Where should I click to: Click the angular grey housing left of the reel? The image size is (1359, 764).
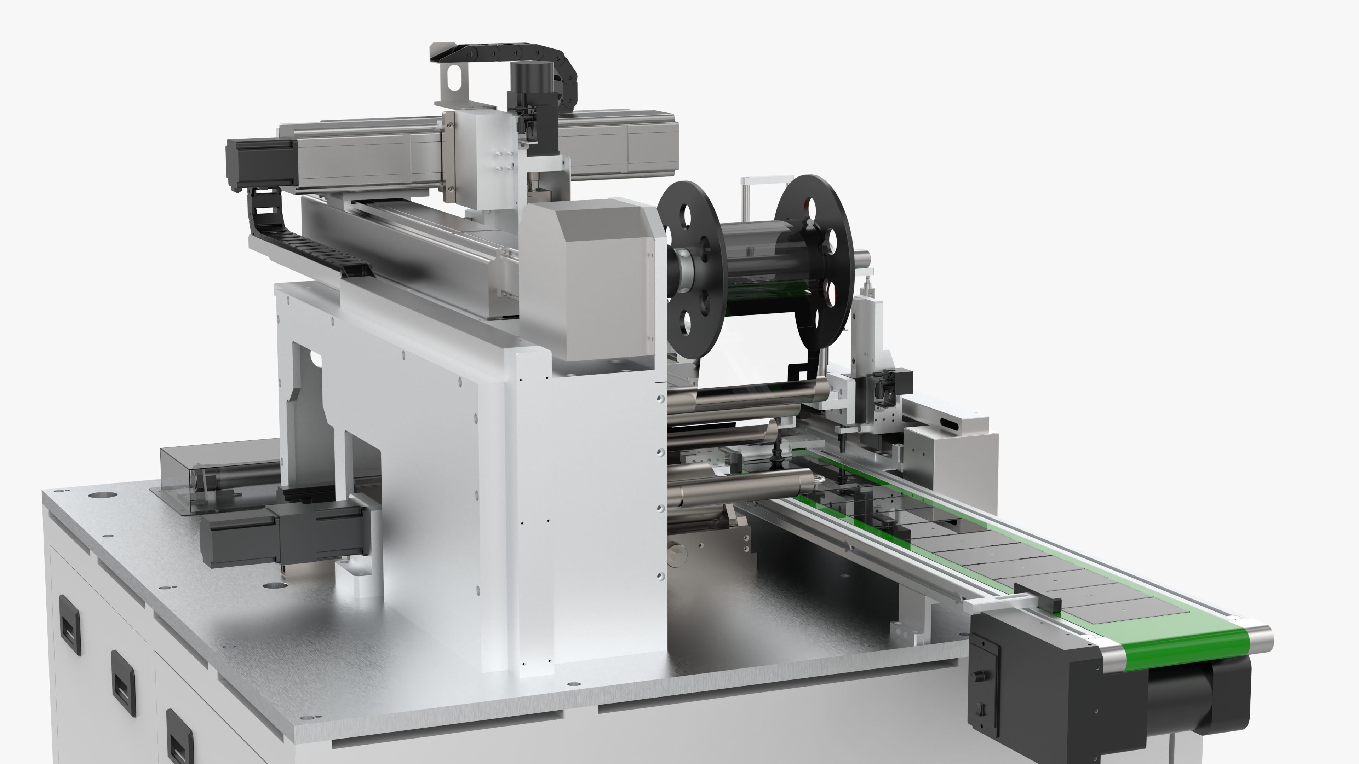tap(591, 279)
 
